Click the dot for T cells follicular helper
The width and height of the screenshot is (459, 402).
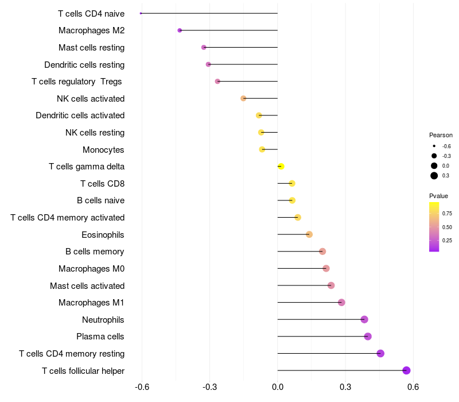click(x=407, y=370)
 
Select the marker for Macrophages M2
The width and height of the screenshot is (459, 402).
click(x=180, y=30)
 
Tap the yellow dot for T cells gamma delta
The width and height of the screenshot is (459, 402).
click(x=281, y=167)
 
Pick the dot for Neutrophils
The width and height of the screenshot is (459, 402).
click(x=364, y=319)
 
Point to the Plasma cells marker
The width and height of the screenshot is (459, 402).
click(x=368, y=337)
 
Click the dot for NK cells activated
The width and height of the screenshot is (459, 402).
click(x=243, y=98)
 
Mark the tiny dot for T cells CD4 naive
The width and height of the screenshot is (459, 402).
click(x=141, y=13)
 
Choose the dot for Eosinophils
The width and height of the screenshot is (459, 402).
click(x=309, y=234)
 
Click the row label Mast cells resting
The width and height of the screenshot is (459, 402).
click(x=91, y=48)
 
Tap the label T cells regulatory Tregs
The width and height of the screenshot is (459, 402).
click(x=77, y=82)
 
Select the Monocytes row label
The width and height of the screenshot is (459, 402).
click(x=103, y=150)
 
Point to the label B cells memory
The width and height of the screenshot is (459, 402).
click(x=95, y=252)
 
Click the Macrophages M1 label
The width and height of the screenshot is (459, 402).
click(x=91, y=303)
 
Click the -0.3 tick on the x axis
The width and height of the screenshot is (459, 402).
click(x=209, y=388)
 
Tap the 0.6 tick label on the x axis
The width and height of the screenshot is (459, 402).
click(x=413, y=388)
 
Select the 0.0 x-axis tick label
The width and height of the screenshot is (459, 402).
click(x=278, y=388)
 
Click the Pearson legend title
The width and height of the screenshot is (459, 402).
click(x=441, y=135)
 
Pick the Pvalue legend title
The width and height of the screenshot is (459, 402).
click(x=438, y=196)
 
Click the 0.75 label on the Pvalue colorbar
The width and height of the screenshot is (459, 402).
click(x=447, y=214)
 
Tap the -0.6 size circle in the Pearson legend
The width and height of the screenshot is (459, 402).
click(x=434, y=146)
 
